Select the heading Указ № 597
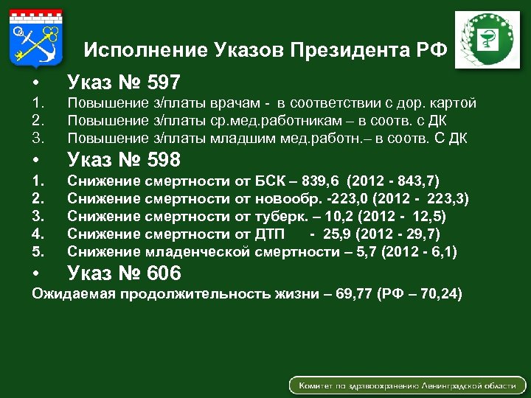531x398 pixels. [x=124, y=82]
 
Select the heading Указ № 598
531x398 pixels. [x=124, y=160]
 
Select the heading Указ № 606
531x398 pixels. [x=124, y=274]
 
